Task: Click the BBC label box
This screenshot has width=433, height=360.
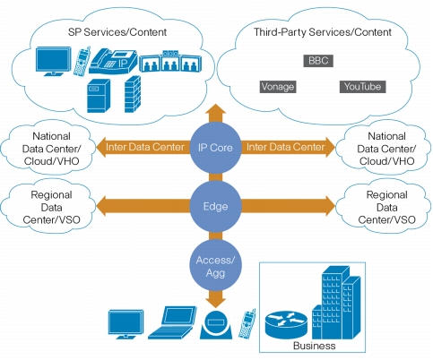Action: (x=318, y=61)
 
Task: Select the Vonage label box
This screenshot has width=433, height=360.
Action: (x=278, y=87)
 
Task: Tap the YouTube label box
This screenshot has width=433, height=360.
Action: (x=362, y=87)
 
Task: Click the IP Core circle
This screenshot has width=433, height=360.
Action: (x=215, y=148)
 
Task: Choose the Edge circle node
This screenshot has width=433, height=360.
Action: (x=215, y=206)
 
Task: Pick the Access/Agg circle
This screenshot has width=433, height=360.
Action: (x=215, y=265)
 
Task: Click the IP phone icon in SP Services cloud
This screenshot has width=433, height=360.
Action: (x=113, y=61)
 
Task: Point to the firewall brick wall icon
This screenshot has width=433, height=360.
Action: (x=133, y=94)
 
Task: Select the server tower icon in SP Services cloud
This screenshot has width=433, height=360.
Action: (x=99, y=96)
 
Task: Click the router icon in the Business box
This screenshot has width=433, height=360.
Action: (x=286, y=324)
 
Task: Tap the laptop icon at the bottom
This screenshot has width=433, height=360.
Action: (x=172, y=322)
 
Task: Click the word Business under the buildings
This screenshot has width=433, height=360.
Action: (x=315, y=346)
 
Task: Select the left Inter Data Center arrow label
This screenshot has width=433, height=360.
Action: (x=145, y=147)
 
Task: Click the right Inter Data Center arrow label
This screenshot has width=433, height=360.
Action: (x=286, y=147)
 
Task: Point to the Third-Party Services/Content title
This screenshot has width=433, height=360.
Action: (x=323, y=32)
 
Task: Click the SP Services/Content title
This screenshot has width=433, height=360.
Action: (x=117, y=32)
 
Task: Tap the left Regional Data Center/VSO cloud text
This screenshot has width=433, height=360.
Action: (x=51, y=208)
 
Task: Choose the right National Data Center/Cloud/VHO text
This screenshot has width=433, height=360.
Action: (x=386, y=149)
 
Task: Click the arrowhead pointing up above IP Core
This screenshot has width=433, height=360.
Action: (x=215, y=109)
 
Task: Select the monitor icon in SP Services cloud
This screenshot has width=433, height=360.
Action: (x=54, y=62)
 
